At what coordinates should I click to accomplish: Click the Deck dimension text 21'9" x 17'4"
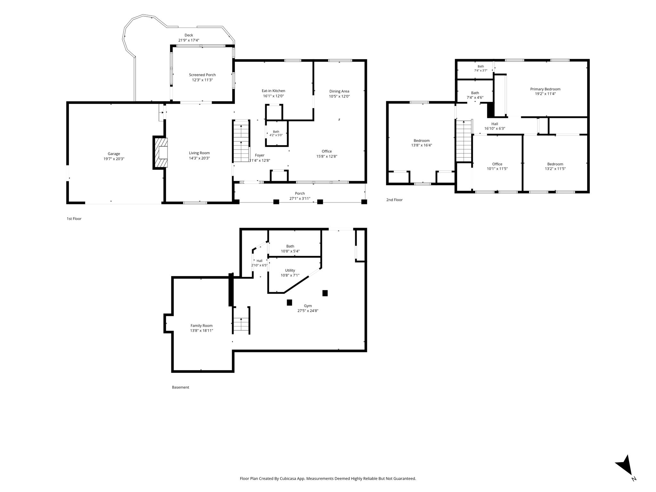189,40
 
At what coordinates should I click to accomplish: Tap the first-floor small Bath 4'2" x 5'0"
276,133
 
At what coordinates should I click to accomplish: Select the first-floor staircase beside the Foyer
241,141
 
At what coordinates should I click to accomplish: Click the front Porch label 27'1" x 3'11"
300,196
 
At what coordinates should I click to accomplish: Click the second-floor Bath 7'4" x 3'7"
480,68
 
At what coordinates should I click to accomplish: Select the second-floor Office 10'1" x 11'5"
497,166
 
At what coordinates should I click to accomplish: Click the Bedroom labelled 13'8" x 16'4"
422,143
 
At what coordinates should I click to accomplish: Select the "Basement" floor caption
181,387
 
